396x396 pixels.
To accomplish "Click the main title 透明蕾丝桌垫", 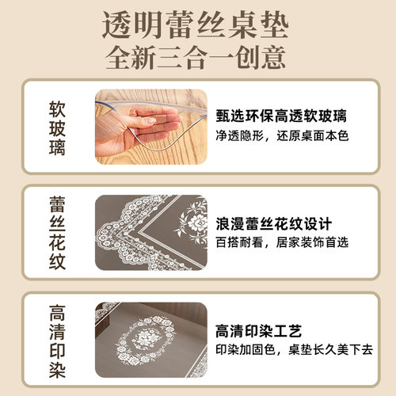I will click(197, 25).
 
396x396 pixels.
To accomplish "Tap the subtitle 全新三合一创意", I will click(197, 59).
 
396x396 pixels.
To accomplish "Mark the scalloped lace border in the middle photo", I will click(119, 238).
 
